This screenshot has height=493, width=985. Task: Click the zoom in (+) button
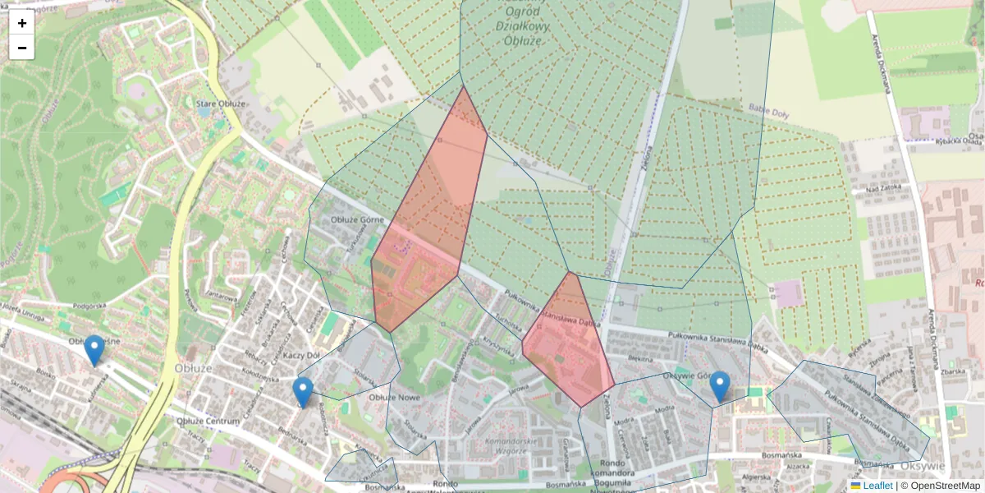(21, 23)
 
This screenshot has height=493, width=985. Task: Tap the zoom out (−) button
(21, 48)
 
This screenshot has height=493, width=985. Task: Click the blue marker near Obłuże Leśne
(94, 350)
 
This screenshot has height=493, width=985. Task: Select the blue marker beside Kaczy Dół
(303, 392)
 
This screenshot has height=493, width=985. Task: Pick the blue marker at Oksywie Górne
(720, 386)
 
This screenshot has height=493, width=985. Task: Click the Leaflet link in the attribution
(877, 486)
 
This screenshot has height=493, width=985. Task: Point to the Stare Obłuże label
(221, 104)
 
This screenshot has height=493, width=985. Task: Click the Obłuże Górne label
(352, 219)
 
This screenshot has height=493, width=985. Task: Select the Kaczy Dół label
(300, 354)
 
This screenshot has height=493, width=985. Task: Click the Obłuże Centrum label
(208, 421)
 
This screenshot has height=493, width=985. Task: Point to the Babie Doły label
(767, 111)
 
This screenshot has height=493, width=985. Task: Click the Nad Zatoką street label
(873, 189)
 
